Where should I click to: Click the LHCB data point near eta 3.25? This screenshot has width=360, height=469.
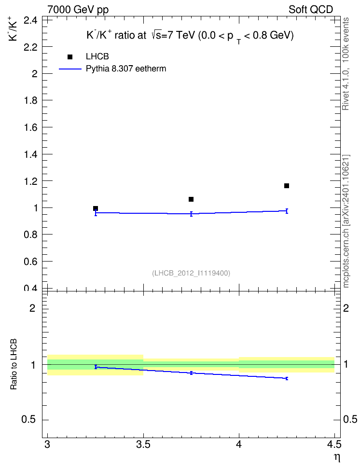pyautogui.click(x=96, y=208)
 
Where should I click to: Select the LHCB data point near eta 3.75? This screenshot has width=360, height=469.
pyautogui.click(x=191, y=199)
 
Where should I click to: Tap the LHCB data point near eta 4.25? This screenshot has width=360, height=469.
pyautogui.click(x=287, y=186)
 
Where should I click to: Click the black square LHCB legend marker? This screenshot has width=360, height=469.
pyautogui.click(x=70, y=57)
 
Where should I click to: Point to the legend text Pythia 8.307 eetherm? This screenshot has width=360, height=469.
pyautogui.click(x=125, y=69)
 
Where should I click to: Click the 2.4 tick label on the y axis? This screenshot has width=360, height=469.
pyautogui.click(x=30, y=20)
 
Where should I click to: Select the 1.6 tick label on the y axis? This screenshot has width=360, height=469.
pyautogui.click(x=30, y=127)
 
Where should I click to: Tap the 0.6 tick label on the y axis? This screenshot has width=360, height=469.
pyautogui.click(x=30, y=262)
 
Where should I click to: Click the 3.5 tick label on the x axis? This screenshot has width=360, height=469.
pyautogui.click(x=143, y=445)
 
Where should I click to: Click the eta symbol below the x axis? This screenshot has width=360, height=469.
pyautogui.click(x=337, y=457)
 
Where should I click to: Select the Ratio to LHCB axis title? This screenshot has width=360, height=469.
pyautogui.click(x=14, y=364)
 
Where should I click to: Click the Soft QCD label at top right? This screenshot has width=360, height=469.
pyautogui.click(x=311, y=10)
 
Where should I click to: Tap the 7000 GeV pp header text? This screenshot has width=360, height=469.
pyautogui.click(x=78, y=10)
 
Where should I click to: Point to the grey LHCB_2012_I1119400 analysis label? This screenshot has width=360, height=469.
pyautogui.click(x=191, y=273)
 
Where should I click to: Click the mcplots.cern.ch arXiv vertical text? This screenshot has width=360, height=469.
pyautogui.click(x=346, y=221)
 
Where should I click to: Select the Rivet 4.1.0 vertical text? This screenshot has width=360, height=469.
pyautogui.click(x=346, y=64)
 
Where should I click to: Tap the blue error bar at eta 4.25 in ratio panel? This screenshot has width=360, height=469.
pyautogui.click(x=287, y=378)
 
